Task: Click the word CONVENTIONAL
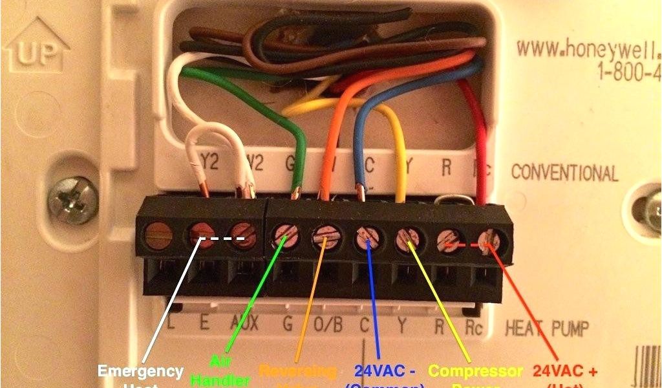click(x=564, y=173)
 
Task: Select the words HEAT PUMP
click(x=546, y=325)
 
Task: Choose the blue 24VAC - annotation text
click(x=385, y=372)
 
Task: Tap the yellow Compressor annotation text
click(x=475, y=371)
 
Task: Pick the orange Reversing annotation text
click(x=297, y=371)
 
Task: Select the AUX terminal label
click(x=244, y=324)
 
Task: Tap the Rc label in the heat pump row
click(x=474, y=325)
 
